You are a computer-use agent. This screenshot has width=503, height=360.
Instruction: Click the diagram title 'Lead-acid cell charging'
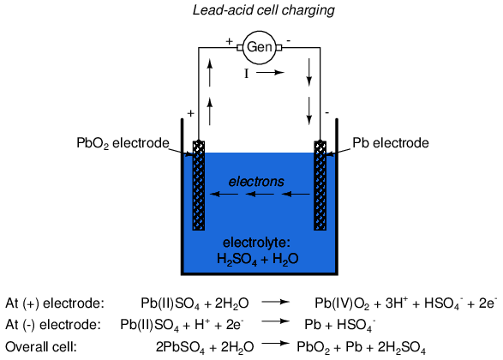click(264, 10)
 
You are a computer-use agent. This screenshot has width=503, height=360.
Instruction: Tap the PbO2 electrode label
click(123, 143)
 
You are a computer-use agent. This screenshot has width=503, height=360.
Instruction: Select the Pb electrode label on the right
click(391, 143)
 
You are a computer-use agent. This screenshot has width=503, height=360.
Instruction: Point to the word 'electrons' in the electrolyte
click(256, 182)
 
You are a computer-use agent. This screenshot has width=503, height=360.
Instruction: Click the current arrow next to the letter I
click(271, 73)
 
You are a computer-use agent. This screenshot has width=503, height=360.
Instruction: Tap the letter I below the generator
click(247, 74)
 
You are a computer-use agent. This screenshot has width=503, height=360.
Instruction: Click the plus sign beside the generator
click(229, 41)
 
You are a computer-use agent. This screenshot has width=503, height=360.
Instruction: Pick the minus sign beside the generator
click(289, 41)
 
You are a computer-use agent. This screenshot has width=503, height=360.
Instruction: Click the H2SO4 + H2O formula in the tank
click(258, 259)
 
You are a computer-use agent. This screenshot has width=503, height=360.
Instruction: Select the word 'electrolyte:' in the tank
click(256, 243)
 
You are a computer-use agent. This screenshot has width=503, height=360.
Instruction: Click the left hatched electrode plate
click(199, 185)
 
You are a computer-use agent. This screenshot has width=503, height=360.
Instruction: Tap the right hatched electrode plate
click(320, 185)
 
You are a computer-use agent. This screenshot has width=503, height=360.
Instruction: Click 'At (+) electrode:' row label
click(55, 303)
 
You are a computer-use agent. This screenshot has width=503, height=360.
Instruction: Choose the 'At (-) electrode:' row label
click(53, 325)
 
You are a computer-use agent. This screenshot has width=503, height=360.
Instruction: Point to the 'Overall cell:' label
click(41, 347)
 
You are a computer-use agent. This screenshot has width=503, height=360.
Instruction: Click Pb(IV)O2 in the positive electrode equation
click(342, 303)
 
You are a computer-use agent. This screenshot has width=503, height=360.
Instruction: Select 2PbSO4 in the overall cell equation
click(180, 347)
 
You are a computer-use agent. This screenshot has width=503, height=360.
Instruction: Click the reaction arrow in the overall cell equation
click(276, 344)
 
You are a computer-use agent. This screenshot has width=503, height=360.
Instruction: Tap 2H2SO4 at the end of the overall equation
click(402, 347)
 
